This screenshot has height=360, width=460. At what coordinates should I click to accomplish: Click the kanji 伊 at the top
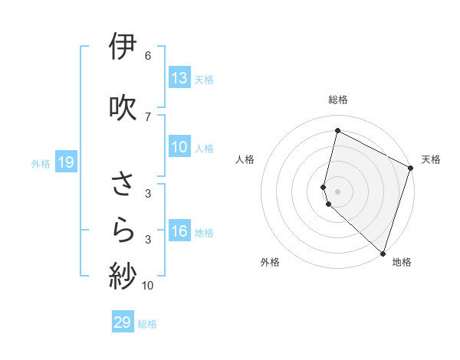coord(123,47)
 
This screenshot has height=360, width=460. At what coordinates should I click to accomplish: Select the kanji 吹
coord(123,107)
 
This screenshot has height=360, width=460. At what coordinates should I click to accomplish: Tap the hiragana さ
coord(123,185)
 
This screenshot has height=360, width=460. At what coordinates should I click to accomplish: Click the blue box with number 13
coord(179,78)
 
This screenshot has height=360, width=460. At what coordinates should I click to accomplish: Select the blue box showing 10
coord(179,148)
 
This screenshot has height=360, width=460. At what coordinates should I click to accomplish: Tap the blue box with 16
coord(179,232)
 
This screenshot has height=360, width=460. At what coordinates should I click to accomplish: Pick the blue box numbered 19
coord(65,162)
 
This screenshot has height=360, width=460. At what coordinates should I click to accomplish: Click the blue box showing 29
coord(123,322)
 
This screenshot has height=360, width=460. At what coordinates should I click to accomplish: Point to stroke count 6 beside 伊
coord(147,56)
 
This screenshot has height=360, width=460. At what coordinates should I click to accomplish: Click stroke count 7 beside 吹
coord(147,116)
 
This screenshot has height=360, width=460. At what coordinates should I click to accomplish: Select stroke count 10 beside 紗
coord(148,286)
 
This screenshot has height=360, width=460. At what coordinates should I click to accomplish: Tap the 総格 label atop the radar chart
coord(338,100)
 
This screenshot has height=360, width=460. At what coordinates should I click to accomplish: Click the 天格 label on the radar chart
coord(431,159)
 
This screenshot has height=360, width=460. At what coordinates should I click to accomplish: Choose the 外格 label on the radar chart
coord(270,262)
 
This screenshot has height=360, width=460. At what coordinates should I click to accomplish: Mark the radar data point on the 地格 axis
coord(383,253)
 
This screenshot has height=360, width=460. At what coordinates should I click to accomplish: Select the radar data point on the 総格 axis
coord(337,131)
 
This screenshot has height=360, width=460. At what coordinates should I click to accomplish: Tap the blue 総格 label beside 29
coord(147,324)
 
